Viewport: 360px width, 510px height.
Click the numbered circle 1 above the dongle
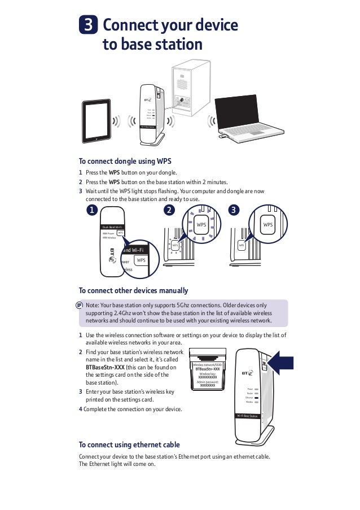click(91, 211)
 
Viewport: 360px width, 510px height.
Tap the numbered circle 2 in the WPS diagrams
click(168, 211)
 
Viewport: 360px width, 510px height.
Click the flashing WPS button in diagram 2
click(201, 225)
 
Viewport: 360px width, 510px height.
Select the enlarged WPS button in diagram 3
click(267, 225)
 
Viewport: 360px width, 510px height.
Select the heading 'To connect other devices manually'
click(133, 291)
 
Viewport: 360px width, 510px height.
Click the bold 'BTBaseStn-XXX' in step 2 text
click(101, 367)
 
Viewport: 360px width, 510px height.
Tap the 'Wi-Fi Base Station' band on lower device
click(247, 416)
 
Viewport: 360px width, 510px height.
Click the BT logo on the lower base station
click(247, 373)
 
